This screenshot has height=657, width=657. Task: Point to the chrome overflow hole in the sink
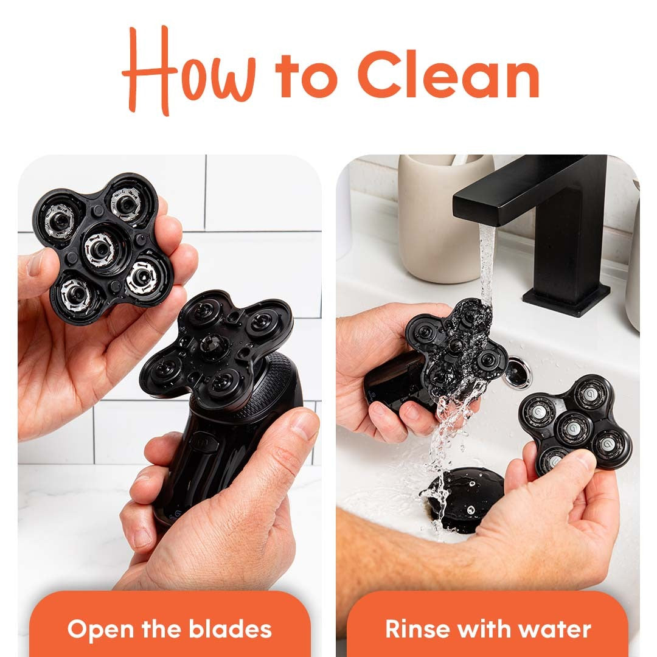[517, 372]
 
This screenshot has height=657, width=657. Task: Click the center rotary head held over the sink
[573, 428]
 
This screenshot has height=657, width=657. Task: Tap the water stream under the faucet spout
[487, 262]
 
